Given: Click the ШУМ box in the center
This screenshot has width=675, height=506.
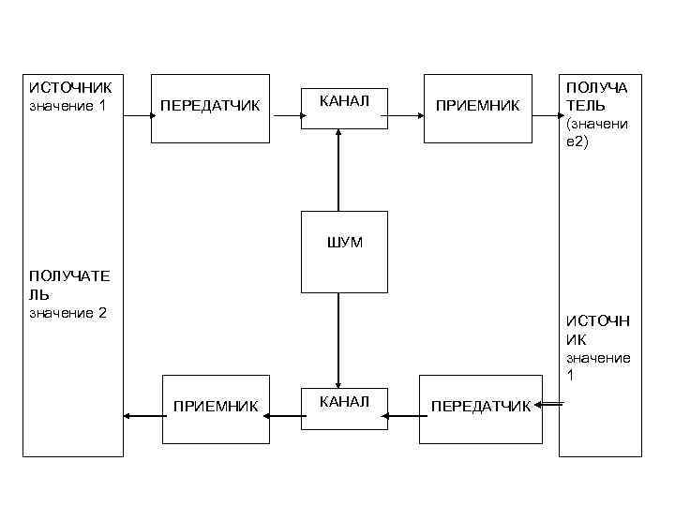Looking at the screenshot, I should coord(344,251).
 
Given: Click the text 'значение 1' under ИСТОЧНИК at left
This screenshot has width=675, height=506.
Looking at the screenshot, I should coord(67,106).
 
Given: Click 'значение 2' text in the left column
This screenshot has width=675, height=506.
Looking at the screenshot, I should coord(67,312).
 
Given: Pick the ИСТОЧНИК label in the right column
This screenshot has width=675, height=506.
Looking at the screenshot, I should coord(598,332).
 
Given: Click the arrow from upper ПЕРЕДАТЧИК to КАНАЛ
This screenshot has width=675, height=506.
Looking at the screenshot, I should coord(286,117).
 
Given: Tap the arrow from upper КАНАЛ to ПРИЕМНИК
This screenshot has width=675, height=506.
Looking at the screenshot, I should coord(405,117).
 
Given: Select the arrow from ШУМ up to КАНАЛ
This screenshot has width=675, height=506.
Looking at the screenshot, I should coord(338,169).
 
